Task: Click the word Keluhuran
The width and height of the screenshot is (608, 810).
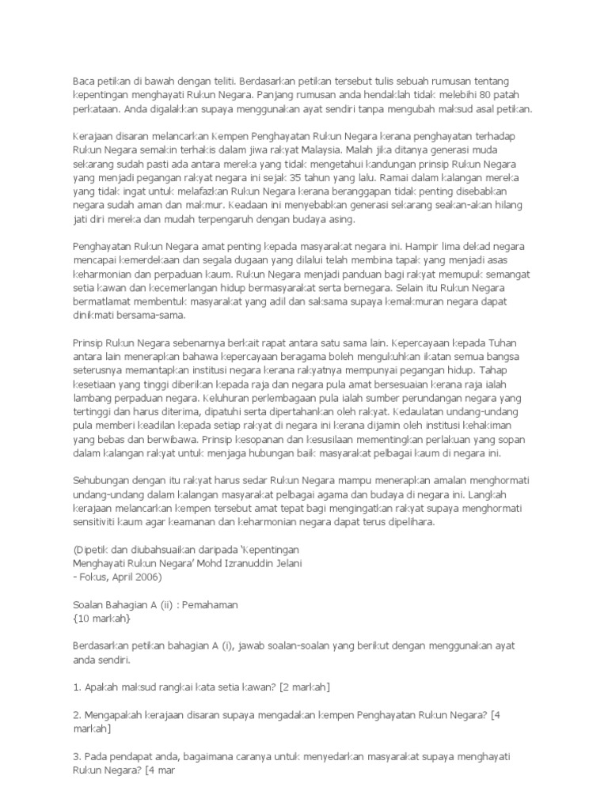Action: point(228,398)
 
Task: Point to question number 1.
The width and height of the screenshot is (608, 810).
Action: point(76,687)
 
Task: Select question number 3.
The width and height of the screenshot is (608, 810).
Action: point(76,755)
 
